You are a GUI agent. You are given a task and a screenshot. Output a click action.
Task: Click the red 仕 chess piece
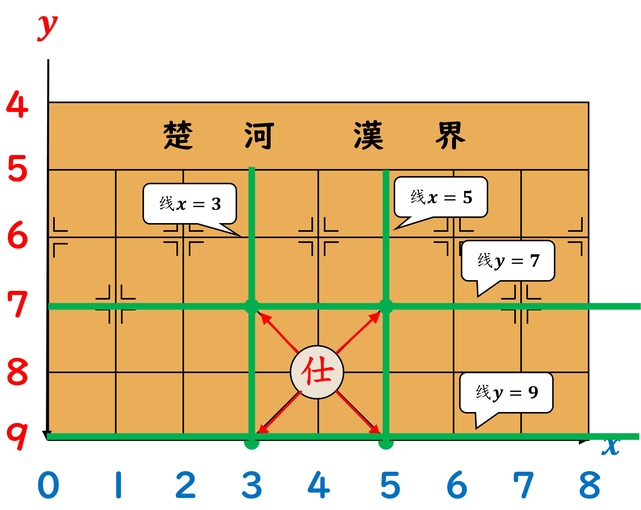tap(317, 372)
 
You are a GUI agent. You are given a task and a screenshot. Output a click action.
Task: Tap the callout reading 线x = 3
tap(190, 204)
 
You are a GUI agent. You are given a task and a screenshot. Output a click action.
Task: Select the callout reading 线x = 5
tap(441, 197)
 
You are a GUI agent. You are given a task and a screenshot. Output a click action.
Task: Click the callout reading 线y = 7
tap(508, 261)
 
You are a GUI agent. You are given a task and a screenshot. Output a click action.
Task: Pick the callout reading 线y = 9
tap(507, 393)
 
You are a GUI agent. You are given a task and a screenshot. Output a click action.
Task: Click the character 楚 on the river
tap(178, 135)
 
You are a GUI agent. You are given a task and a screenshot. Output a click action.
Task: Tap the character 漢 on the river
tap(369, 135)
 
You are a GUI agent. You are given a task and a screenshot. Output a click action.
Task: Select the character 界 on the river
tap(450, 135)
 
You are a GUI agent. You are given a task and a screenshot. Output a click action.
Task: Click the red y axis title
tap(47, 27)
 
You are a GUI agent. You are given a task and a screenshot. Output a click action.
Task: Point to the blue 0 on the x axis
tap(48, 485)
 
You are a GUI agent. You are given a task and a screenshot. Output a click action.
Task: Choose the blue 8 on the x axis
tap(590, 485)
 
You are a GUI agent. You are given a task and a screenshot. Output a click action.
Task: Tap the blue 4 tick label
tap(319, 485)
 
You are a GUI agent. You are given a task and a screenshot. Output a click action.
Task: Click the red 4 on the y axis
tap(18, 104)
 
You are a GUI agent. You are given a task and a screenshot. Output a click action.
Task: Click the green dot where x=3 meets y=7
tap(252, 307)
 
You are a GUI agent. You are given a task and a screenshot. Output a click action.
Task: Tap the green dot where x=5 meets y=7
tap(386, 307)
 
